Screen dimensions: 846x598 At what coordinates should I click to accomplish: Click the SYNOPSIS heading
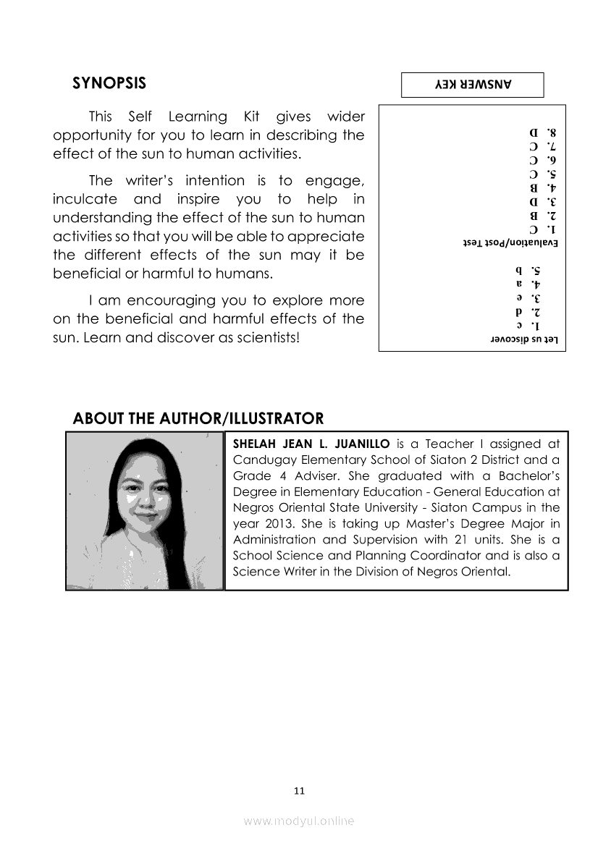point(109,83)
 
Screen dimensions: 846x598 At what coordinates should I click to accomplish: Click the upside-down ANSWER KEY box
point(472,85)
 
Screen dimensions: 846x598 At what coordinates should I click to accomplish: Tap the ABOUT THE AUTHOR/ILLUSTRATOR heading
point(198,418)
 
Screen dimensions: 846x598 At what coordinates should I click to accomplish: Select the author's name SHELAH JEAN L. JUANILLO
point(311,444)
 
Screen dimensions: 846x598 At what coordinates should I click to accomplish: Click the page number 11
point(299,790)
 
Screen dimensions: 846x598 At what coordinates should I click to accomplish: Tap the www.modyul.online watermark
point(299,821)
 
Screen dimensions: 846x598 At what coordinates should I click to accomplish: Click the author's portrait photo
point(145,510)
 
